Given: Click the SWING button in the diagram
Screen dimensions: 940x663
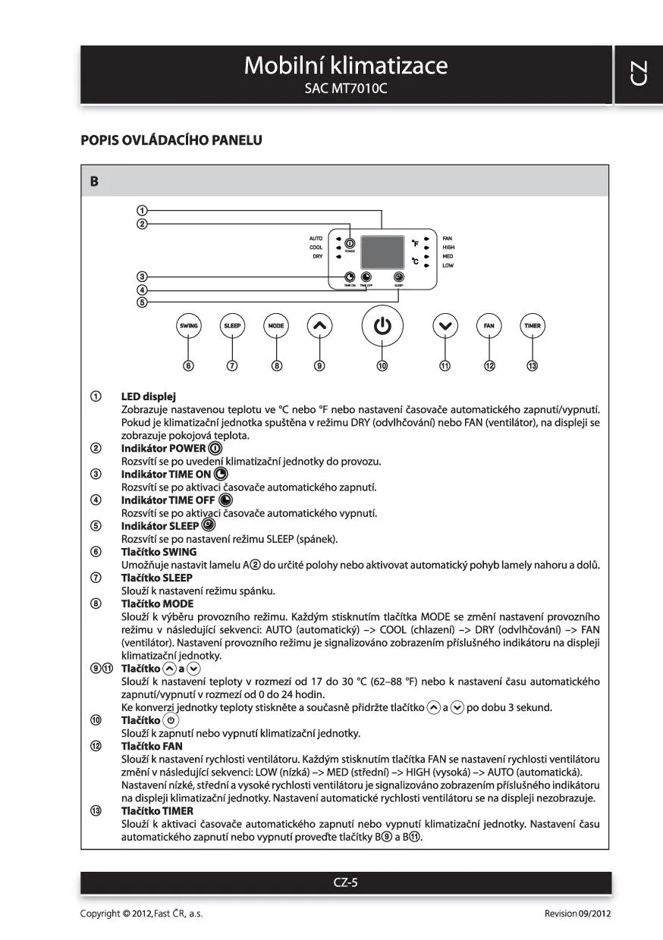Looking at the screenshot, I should coord(188,326).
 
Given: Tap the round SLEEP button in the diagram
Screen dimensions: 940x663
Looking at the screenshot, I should coord(232,326).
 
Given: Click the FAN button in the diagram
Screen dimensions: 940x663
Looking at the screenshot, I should coord(489,326).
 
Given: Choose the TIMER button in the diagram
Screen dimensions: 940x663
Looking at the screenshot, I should coord(533,326).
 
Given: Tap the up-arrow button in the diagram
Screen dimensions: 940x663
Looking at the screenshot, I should coord(319,326).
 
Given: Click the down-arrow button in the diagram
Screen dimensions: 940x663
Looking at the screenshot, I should coord(445,326).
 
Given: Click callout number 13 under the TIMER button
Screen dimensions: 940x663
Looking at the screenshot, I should coord(533,365).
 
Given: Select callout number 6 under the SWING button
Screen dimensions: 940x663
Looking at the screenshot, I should coord(188,365).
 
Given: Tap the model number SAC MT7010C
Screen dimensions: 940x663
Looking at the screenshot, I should coord(345,89).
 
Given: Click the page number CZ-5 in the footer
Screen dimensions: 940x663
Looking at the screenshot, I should coord(346,882).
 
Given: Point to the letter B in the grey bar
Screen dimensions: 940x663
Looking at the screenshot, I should coord(94,182).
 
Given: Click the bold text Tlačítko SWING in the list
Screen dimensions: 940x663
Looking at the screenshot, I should coord(159,552).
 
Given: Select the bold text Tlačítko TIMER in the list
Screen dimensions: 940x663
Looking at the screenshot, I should coord(157,810).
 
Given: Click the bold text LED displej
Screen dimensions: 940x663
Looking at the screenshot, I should coord(149,396).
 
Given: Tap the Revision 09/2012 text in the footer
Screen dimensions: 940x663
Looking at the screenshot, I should coord(577,913).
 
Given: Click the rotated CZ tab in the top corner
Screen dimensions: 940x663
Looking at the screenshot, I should coord(638,74).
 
